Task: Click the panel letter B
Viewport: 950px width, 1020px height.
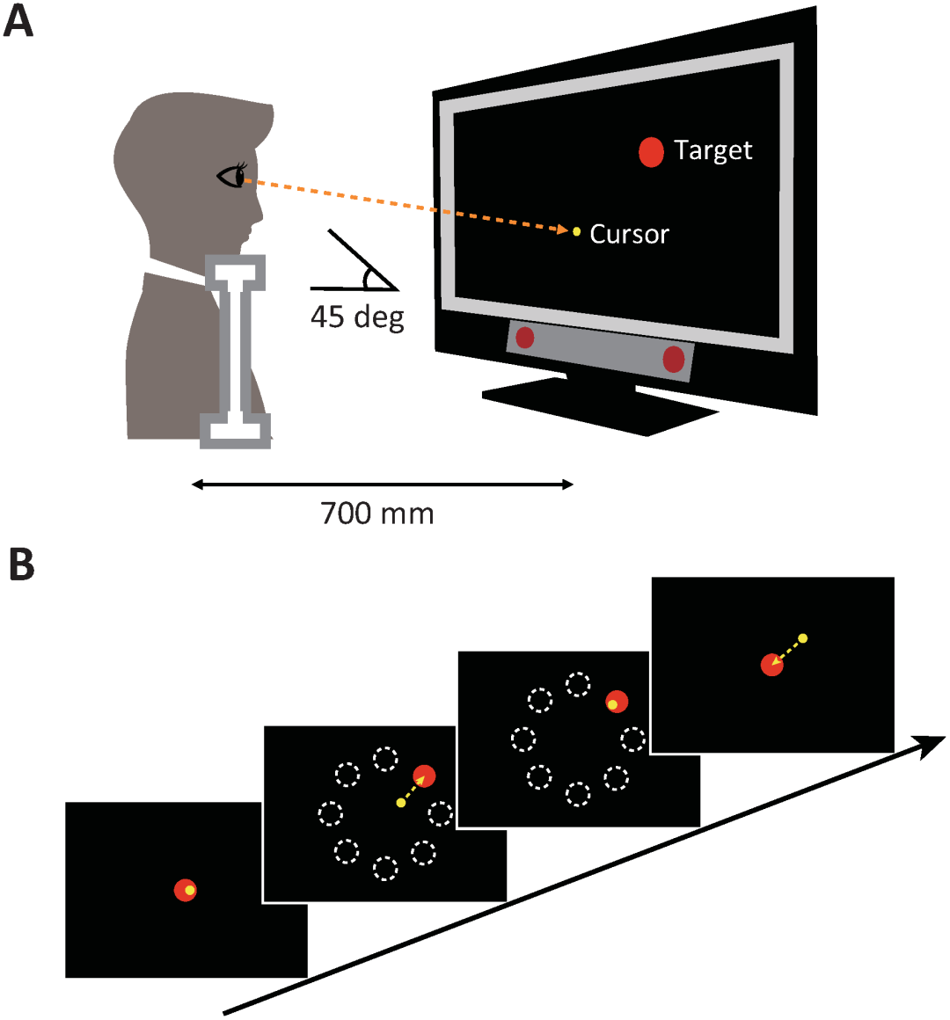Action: pyautogui.click(x=21, y=565)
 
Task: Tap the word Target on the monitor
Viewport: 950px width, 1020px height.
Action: pyautogui.click(x=712, y=151)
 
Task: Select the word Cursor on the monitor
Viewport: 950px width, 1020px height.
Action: pyautogui.click(x=629, y=234)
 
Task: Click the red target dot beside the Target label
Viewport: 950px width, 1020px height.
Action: pyautogui.click(x=651, y=152)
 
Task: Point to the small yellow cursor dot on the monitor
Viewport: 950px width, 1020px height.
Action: pyautogui.click(x=577, y=231)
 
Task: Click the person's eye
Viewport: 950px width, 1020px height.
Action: pyautogui.click(x=233, y=177)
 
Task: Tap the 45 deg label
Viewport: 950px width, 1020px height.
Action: pyautogui.click(x=357, y=317)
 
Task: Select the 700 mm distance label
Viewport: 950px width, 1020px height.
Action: pyautogui.click(x=377, y=513)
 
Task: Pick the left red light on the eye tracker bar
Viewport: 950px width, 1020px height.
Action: pyautogui.click(x=525, y=337)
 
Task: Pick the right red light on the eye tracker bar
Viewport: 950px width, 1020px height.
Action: pyautogui.click(x=673, y=359)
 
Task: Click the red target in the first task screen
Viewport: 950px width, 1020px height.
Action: pyautogui.click(x=185, y=890)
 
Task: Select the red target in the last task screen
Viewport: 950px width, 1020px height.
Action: pyautogui.click(x=771, y=666)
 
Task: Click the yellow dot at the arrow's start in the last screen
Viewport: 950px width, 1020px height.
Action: pyautogui.click(x=802, y=637)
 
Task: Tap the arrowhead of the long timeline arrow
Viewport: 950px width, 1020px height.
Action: pyautogui.click(x=932, y=746)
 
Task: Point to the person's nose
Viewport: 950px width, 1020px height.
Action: pyautogui.click(x=260, y=211)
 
